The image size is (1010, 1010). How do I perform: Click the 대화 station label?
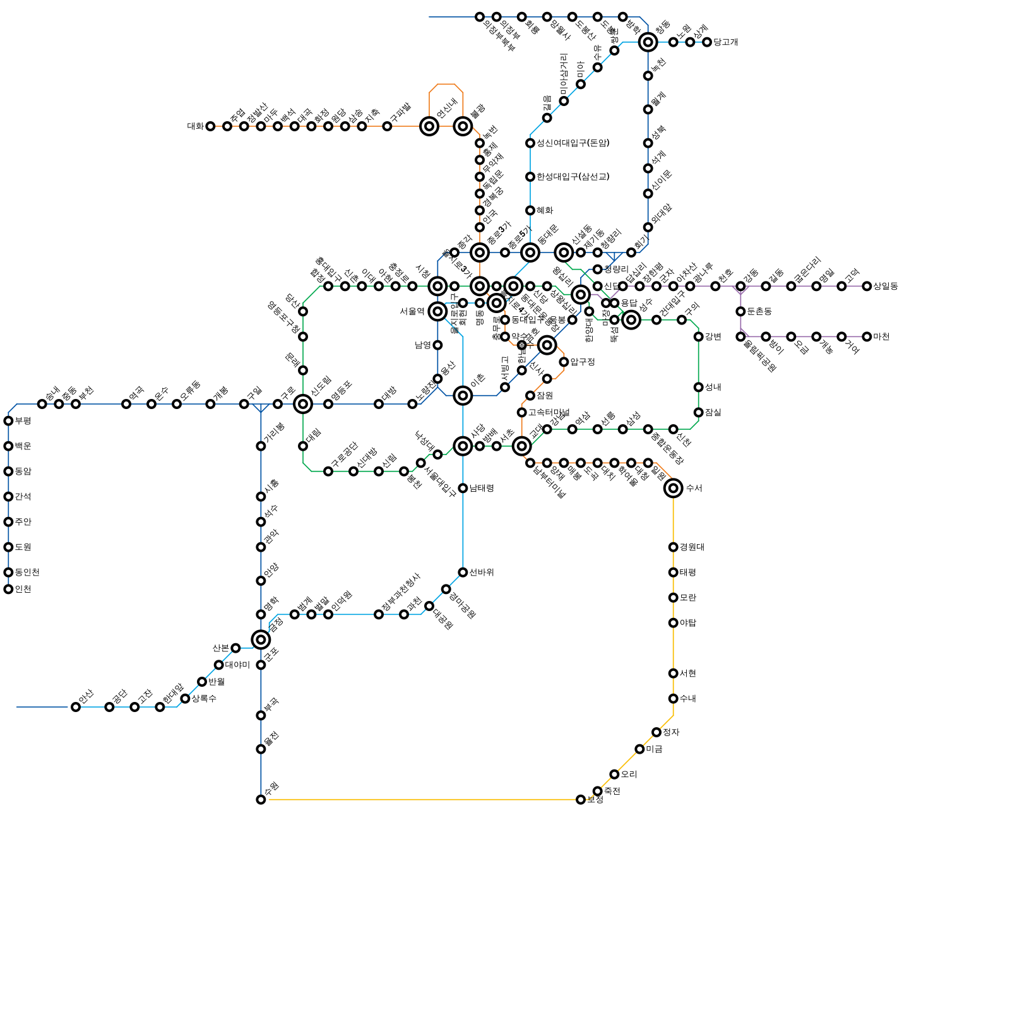pos(195,126)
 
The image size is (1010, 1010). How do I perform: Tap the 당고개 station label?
pos(726,42)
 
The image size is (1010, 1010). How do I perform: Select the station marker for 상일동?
pos(867,287)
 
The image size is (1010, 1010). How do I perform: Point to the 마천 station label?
pos(881,337)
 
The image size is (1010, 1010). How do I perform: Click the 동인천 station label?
pos(27,573)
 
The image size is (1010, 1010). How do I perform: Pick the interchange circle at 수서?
pos(673,488)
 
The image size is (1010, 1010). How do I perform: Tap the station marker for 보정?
pos(581,800)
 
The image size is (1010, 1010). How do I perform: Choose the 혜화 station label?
pos(545,211)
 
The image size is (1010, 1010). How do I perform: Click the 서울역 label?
pos(412,311)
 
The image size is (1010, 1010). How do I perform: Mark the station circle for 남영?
pos(437,345)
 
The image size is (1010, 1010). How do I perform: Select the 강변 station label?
pos(713,337)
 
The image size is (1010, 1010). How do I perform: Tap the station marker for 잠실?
pos(698,413)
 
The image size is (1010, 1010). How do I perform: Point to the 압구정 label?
pos(583,362)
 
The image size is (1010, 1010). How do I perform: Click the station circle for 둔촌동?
pos(740,312)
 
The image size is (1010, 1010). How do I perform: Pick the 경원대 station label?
pos(692,547)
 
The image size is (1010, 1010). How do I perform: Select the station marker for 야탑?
pos(673,623)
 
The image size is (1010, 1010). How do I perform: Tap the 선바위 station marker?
pos(463,573)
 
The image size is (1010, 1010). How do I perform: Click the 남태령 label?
pos(482,489)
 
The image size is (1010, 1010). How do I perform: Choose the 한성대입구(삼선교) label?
pos(573,177)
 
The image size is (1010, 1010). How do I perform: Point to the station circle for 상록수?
pos(185,699)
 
